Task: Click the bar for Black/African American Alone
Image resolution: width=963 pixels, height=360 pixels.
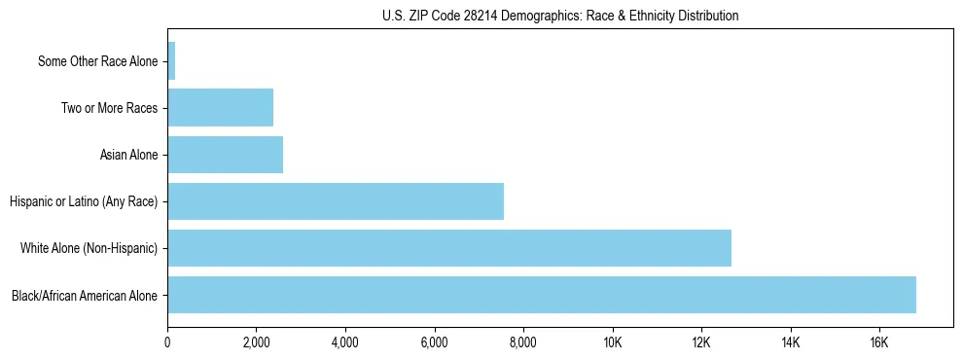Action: coord(542,295)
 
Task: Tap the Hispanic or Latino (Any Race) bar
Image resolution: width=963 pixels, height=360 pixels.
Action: coord(336,201)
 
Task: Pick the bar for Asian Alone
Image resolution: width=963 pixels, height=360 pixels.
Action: coord(226,155)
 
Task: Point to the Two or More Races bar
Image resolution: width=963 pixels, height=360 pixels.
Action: coord(221,108)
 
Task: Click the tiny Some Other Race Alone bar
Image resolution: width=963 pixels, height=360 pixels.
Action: coord(171,61)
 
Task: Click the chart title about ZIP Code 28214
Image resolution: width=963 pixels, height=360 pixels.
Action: coord(560,16)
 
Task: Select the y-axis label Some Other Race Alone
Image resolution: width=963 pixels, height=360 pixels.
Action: coord(97,61)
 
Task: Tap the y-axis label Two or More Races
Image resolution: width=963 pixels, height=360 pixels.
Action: coord(109,108)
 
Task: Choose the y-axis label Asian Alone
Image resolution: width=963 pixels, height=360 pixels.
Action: coord(128,155)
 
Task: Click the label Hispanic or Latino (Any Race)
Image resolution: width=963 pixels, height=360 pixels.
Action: coord(84,201)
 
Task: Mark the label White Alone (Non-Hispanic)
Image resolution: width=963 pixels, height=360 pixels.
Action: coord(89,248)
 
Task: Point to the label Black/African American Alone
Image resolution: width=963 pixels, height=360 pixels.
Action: coord(85,295)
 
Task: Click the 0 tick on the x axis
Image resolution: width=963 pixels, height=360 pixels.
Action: coord(168,342)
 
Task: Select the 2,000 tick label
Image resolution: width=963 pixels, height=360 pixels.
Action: coord(257,342)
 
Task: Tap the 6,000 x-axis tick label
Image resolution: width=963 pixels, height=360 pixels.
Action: coord(435,342)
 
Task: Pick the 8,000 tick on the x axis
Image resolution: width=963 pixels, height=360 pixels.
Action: coord(523,342)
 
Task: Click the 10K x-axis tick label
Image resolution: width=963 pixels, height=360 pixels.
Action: coord(613,342)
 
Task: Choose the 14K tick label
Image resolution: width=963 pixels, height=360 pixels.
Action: coord(790,342)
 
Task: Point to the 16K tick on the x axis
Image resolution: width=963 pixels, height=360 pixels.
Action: coord(879,342)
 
